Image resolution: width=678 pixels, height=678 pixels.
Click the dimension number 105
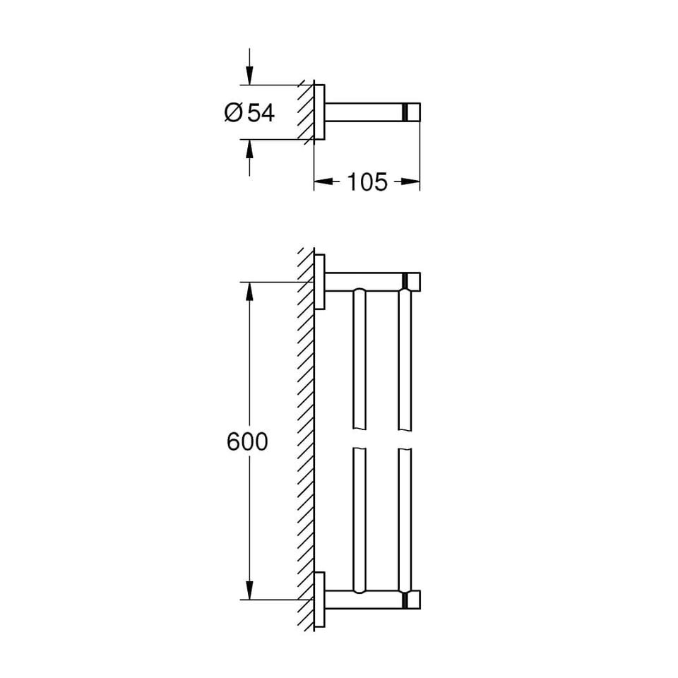point(367,182)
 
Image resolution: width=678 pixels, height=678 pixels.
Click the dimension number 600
point(247,442)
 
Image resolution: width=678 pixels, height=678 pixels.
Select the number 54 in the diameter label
point(261,113)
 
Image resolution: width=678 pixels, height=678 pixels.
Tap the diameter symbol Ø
point(233,113)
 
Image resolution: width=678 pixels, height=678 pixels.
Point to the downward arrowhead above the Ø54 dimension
point(249,76)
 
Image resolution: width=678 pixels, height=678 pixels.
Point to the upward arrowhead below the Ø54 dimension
point(249,149)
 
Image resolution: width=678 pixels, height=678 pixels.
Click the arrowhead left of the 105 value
point(323,182)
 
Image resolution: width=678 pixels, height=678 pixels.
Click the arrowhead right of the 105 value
point(410,182)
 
